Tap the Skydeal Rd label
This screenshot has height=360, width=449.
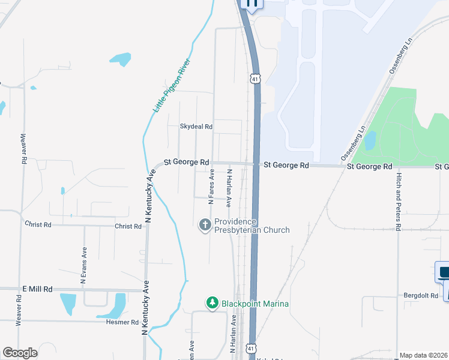tap(196, 127)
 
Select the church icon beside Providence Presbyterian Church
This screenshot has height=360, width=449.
tap(205, 225)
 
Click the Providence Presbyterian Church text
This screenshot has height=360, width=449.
tap(252, 226)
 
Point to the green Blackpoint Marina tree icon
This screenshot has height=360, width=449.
tap(211, 304)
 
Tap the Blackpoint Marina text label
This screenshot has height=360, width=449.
tap(255, 304)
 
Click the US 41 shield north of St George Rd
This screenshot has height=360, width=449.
tap(255, 79)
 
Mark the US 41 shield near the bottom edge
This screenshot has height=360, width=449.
tap(252, 349)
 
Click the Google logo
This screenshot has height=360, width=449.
tap(19, 353)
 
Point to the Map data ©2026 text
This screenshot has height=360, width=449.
tap(423, 355)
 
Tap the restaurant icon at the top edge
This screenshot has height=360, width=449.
tap(251, 4)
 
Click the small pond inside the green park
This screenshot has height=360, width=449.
tap(370, 140)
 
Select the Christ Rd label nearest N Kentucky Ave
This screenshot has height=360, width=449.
tap(128, 226)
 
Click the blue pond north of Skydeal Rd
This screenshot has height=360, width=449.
tap(121, 59)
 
